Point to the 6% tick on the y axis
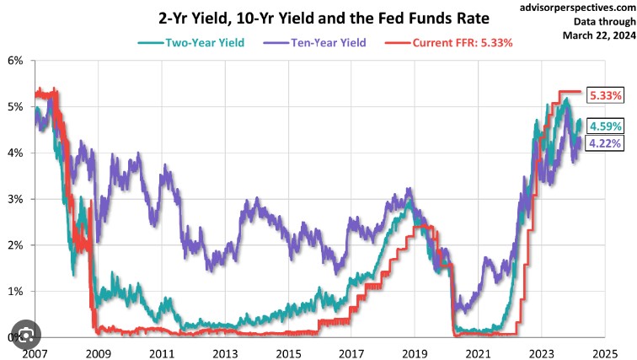pyautogui.click(x=14, y=61)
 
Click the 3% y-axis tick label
pyautogui.click(x=14, y=199)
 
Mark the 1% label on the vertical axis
pyautogui.click(x=14, y=291)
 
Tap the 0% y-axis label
pyautogui.click(x=14, y=336)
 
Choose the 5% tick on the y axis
pyautogui.click(x=14, y=107)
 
